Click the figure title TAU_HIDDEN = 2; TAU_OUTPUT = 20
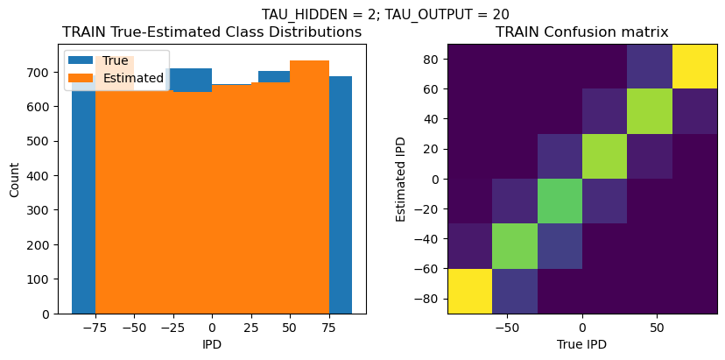point(385,14)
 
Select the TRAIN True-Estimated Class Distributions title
point(212,32)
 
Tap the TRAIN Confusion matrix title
point(582,32)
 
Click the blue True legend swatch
point(81,61)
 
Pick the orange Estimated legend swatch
point(81,78)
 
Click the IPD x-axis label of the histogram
point(211,344)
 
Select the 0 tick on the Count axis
point(53,314)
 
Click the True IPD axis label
point(582,344)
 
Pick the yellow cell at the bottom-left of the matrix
point(469,291)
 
